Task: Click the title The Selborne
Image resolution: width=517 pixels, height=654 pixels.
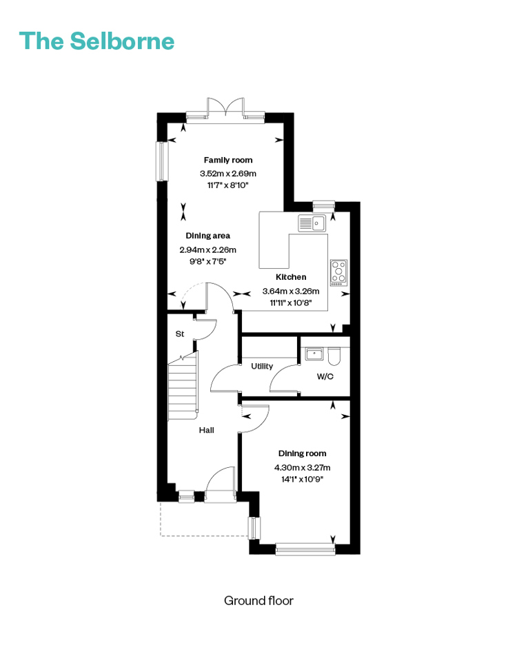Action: pyautogui.click(x=97, y=41)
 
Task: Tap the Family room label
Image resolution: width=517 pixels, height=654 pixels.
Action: pyautogui.click(x=228, y=160)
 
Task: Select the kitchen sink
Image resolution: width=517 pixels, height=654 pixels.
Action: pyautogui.click(x=312, y=223)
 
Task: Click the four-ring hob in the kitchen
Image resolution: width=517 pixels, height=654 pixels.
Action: pyautogui.click(x=339, y=273)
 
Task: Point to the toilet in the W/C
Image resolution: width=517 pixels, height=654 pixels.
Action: pyautogui.click(x=334, y=356)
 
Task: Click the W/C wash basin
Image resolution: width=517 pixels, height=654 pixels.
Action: pyautogui.click(x=314, y=354)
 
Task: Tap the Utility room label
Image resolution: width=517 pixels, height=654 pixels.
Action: pyautogui.click(x=262, y=366)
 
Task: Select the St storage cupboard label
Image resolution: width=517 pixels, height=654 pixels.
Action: pyautogui.click(x=180, y=334)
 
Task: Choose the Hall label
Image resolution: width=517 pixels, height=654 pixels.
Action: pyautogui.click(x=207, y=430)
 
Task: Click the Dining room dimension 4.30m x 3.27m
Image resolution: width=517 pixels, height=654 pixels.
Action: pyautogui.click(x=302, y=467)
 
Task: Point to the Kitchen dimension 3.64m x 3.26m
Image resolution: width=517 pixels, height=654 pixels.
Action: pyautogui.click(x=291, y=291)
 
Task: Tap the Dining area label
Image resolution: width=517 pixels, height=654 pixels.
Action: pyautogui.click(x=207, y=236)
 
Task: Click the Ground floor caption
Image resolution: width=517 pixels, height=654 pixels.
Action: pyautogui.click(x=258, y=601)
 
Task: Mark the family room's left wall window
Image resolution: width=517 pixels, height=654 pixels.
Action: pyautogui.click(x=162, y=161)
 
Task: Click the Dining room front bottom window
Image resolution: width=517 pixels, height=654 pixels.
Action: pyautogui.click(x=305, y=549)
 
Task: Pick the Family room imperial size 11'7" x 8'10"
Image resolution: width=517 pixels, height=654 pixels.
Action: pyautogui.click(x=228, y=185)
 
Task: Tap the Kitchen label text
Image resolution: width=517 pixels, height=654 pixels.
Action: pyautogui.click(x=291, y=277)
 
